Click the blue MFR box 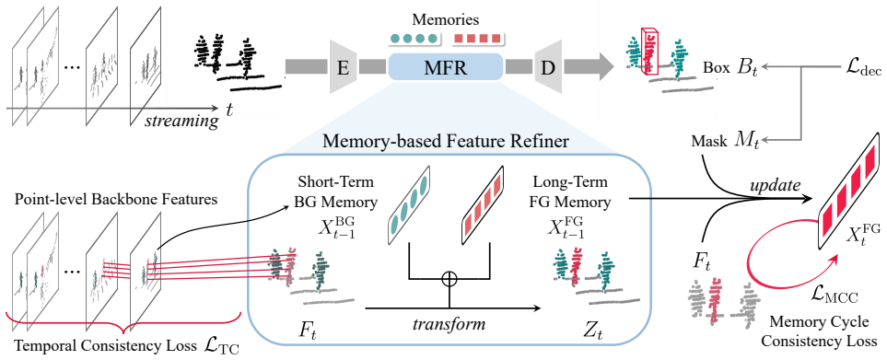[x=445, y=67]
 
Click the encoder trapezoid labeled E [x=343, y=67]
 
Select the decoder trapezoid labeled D [x=546, y=67]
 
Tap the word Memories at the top [x=446, y=21]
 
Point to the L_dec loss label [x=859, y=69]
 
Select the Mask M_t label [x=718, y=140]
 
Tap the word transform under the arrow [x=450, y=323]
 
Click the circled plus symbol [x=449, y=278]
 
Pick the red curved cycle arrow [x=770, y=283]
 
